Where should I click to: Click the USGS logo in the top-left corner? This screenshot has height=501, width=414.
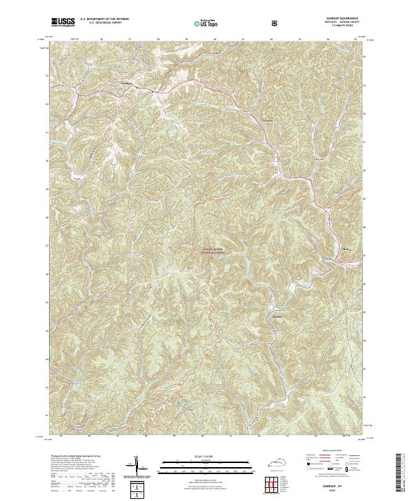(63, 22)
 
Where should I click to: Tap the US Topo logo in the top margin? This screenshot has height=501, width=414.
(200, 23)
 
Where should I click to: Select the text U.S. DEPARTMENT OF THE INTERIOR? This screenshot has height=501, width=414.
(109, 19)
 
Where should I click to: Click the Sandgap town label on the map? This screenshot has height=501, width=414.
(126, 84)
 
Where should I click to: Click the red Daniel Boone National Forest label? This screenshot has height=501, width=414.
(213, 249)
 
